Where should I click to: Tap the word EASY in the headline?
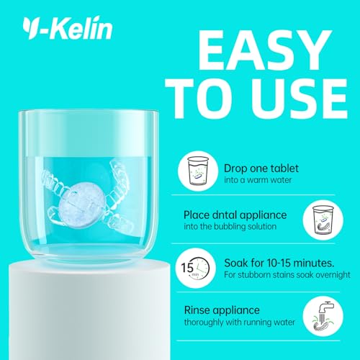[x=264, y=50]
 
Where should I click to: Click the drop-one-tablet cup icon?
[x=198, y=171]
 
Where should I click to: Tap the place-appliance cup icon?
[x=323, y=220]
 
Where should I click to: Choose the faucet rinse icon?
[x=323, y=317]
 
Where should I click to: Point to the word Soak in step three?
[x=236, y=264]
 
